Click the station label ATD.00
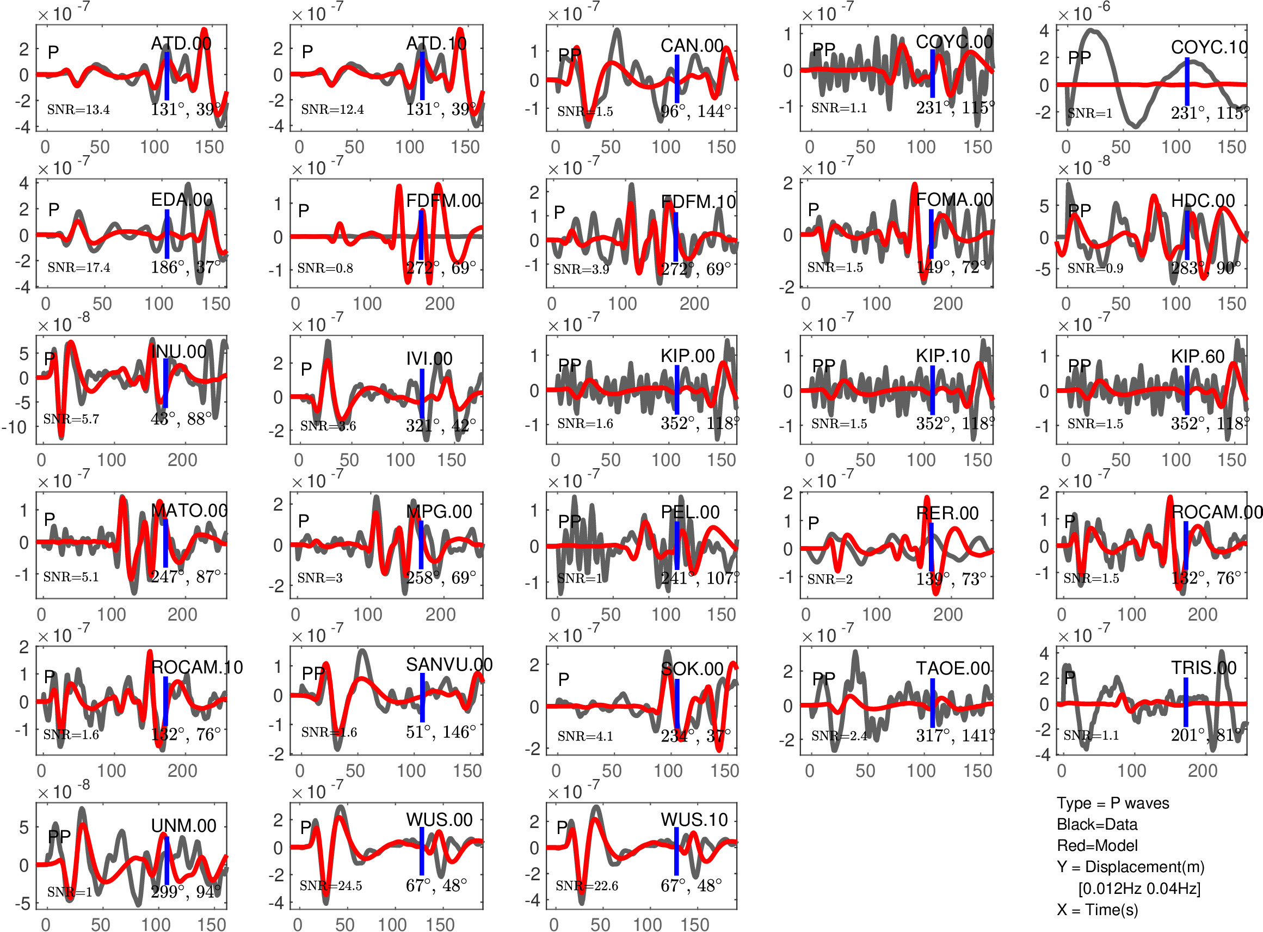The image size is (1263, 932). click(x=181, y=44)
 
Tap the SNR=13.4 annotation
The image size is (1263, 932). click(x=78, y=110)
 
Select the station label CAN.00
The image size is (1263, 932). click(x=692, y=46)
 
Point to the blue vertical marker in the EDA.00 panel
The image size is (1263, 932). click(x=167, y=234)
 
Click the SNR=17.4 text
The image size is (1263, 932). click(x=79, y=267)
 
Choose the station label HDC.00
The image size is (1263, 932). click(x=1203, y=201)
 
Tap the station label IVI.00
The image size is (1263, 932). click(x=429, y=359)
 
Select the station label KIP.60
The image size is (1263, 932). click(x=1198, y=357)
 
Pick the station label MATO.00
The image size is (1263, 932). click(x=189, y=511)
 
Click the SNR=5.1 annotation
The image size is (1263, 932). click(x=71, y=577)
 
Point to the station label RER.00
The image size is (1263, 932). click(x=947, y=513)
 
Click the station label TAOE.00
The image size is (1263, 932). click(x=953, y=669)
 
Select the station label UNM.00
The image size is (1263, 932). click(x=183, y=826)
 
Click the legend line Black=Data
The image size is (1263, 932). click(x=1096, y=825)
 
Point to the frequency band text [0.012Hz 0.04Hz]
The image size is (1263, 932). click(x=1139, y=888)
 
